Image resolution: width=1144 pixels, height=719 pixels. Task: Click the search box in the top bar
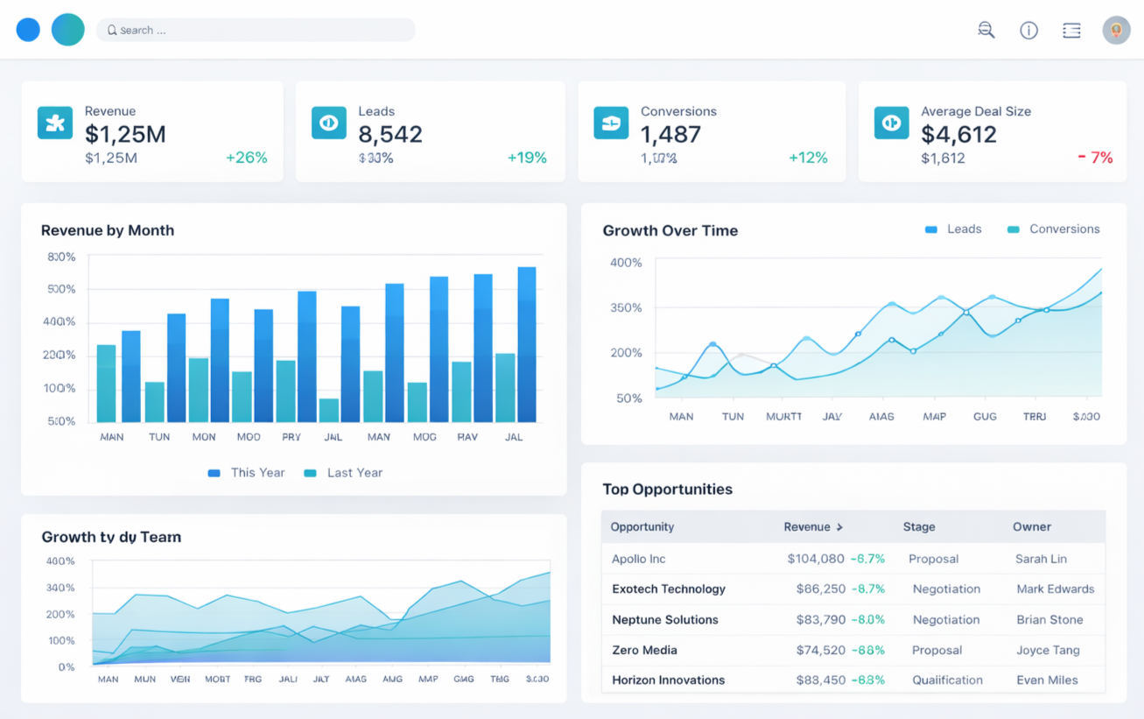point(256,30)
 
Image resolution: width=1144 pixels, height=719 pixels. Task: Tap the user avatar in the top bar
point(1116,31)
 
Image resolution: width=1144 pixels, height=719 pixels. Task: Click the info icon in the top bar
point(1028,31)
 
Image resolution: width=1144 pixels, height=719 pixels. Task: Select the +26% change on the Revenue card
point(246,158)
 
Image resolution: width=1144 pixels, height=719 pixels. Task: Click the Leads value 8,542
point(390,134)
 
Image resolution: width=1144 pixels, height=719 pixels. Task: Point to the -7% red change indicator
point(1095,158)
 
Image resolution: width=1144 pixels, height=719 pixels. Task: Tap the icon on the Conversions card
point(611,123)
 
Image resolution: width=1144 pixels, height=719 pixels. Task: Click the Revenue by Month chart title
point(108,230)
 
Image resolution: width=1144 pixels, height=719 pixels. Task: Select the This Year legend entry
point(247,473)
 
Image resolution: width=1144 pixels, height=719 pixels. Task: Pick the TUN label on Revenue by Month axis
point(159,436)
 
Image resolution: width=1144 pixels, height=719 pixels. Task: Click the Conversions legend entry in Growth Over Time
point(1054,229)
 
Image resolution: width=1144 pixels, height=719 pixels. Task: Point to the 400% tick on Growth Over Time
point(626,263)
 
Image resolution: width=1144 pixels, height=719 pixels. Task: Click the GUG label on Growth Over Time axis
point(985,417)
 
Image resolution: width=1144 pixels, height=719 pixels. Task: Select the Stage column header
point(919,527)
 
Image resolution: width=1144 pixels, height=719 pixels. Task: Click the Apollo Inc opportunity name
point(639,559)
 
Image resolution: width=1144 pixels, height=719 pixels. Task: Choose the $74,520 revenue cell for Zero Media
point(820,650)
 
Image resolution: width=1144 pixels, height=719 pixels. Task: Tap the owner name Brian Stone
point(1049,619)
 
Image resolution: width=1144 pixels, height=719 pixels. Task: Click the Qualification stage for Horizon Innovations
point(947,680)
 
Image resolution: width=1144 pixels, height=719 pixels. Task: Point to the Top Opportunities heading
point(667,489)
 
